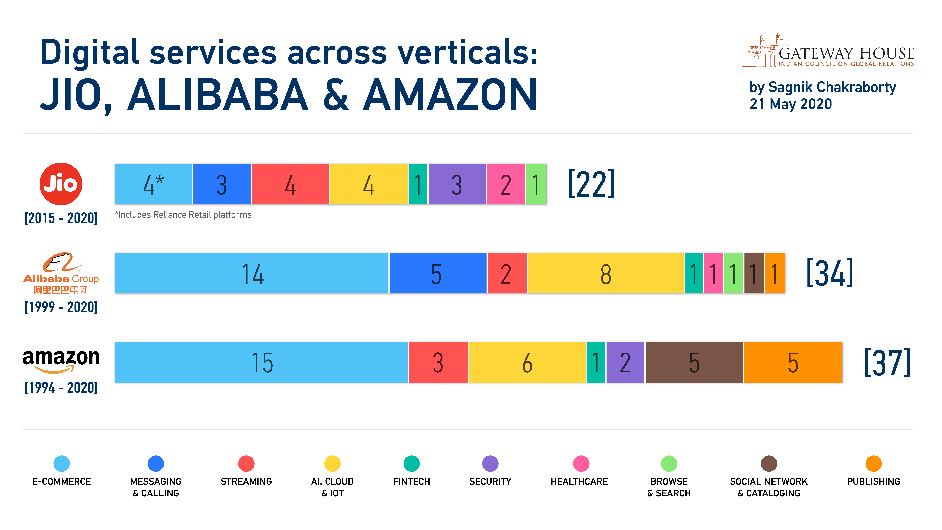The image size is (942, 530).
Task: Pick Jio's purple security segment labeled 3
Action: (457, 184)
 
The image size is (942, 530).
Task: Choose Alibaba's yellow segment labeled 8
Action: (606, 273)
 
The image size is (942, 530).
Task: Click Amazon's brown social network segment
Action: (694, 362)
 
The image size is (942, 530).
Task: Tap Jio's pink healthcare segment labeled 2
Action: (506, 184)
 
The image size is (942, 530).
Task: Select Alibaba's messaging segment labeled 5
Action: (438, 273)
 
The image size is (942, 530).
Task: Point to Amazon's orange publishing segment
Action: (793, 362)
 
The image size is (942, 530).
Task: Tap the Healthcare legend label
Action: (579, 481)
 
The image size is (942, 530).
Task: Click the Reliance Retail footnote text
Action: (183, 215)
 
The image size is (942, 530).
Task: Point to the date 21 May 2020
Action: (791, 104)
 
